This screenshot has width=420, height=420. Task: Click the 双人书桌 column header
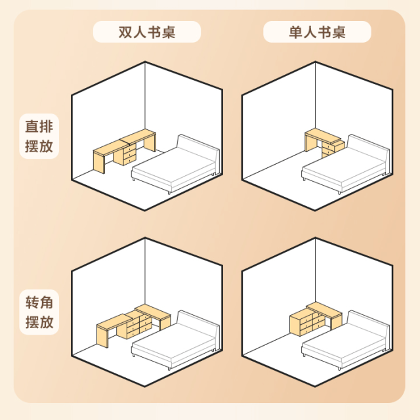146,32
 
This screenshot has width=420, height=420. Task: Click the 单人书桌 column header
317,32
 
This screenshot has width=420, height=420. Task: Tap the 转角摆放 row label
39,313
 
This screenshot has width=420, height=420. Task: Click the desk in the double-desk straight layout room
125,150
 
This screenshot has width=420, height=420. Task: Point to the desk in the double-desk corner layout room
131,323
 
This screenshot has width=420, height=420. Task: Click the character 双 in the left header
125,32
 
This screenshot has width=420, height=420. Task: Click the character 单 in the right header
295,32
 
